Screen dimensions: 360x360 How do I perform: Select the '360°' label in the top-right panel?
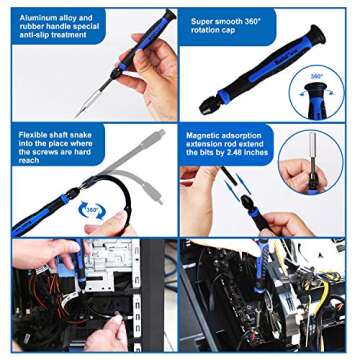coord(316,76)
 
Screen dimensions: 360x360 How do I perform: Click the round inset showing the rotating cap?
coord(318,98)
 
